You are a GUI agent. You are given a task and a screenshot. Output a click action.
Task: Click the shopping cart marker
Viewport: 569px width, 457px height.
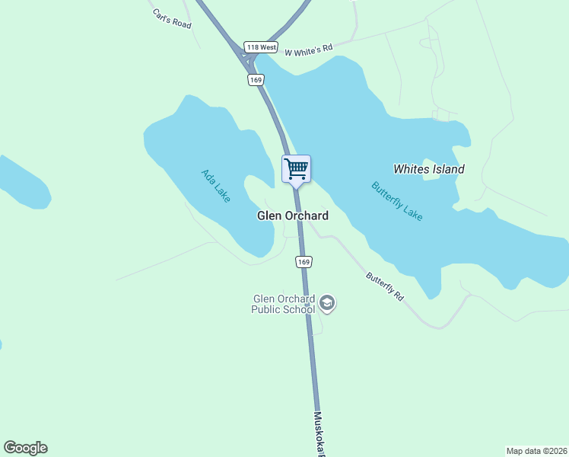click(x=296, y=168)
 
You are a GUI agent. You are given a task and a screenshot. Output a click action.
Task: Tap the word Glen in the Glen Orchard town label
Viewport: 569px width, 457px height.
click(x=269, y=216)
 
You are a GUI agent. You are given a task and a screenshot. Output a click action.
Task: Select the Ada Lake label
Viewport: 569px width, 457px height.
click(x=215, y=185)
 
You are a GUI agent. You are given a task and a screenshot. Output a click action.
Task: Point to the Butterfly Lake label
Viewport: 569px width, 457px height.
click(x=396, y=201)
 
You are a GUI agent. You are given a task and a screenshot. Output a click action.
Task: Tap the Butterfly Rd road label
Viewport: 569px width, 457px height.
click(x=384, y=286)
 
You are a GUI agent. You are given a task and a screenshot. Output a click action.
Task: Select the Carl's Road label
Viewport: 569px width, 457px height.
click(x=170, y=18)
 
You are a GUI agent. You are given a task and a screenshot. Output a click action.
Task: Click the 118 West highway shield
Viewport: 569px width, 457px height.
click(x=261, y=46)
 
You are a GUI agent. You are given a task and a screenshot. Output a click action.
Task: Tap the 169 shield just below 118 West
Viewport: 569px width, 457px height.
click(x=256, y=79)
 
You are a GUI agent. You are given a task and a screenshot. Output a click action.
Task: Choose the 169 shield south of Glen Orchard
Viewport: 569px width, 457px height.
click(x=304, y=262)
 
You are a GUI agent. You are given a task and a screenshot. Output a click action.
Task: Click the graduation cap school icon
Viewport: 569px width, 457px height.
click(x=328, y=304)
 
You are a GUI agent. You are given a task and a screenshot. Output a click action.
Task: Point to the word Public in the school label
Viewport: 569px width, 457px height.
click(x=267, y=310)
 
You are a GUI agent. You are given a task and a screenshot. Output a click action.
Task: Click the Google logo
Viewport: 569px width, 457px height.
click(x=25, y=448)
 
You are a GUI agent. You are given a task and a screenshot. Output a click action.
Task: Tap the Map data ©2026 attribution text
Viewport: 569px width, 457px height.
click(x=536, y=450)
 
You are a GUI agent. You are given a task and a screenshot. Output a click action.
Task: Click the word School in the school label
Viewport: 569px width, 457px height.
click(x=300, y=310)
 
